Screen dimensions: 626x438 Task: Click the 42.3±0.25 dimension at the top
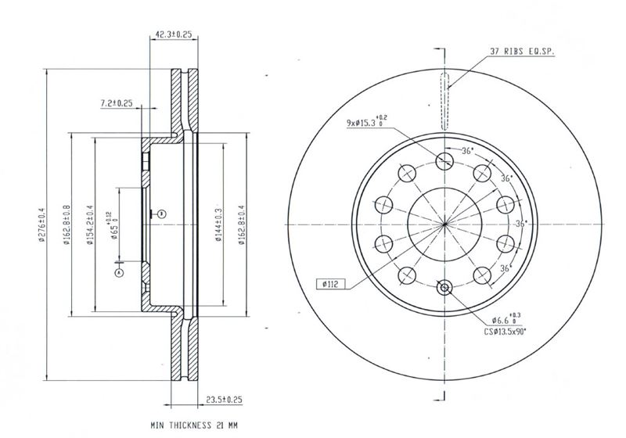173,34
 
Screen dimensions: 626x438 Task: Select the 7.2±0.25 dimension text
116,103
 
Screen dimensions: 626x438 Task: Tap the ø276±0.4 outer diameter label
41,224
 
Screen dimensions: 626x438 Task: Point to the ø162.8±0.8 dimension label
66,224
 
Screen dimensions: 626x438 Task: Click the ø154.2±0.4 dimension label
90,224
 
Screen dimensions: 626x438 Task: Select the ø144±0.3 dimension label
218,224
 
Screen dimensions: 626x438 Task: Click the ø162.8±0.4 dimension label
242,224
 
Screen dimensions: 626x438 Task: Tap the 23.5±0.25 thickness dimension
224,400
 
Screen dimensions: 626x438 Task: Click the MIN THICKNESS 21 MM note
194,425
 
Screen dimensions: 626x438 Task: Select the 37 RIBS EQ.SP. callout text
522,51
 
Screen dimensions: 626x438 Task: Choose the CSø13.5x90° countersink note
505,331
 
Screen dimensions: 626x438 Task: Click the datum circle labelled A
119,273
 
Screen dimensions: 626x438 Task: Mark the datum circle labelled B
162,214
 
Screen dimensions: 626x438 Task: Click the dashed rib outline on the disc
444,102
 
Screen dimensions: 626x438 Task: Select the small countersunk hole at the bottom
444,287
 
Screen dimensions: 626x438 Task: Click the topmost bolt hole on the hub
444,161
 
